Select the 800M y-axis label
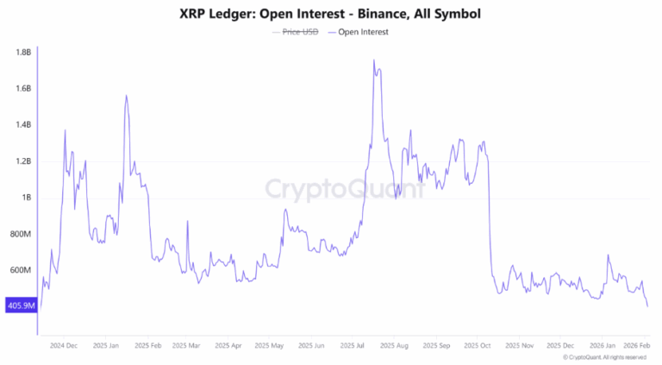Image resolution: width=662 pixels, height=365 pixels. coord(20,234)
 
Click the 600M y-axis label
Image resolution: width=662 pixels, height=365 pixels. coord(20,270)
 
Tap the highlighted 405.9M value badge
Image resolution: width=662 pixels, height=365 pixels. coord(20,305)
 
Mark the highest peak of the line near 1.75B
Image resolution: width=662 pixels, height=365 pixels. coord(373,60)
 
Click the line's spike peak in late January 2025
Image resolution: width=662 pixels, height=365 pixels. coord(126,96)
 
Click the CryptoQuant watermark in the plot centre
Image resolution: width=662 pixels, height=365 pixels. coord(343,189)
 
